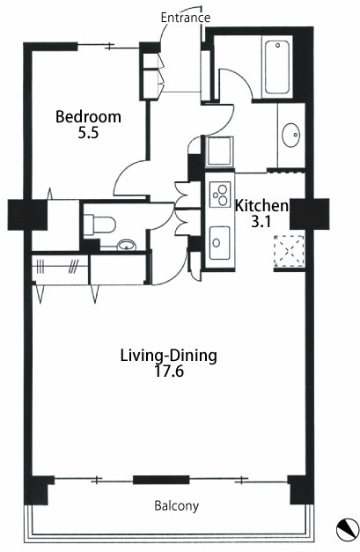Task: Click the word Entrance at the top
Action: pyautogui.click(x=186, y=18)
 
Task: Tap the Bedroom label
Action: pyautogui.click(x=88, y=117)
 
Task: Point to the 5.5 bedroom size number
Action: pyautogui.click(x=88, y=133)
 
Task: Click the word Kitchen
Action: pyautogui.click(x=261, y=206)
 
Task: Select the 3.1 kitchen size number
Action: pyautogui.click(x=261, y=222)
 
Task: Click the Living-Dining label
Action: pyautogui.click(x=169, y=356)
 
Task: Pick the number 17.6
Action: pyautogui.click(x=169, y=372)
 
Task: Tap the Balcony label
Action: pyautogui.click(x=177, y=506)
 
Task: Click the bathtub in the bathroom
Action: pyautogui.click(x=277, y=67)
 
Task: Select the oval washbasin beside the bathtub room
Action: pyautogui.click(x=291, y=136)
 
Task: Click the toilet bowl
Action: pyautogui.click(x=99, y=224)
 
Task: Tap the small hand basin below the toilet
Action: pyautogui.click(x=127, y=245)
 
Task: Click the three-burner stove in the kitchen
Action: pyautogui.click(x=220, y=195)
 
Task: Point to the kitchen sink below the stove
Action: pyautogui.click(x=220, y=243)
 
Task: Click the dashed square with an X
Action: pyautogui.click(x=289, y=251)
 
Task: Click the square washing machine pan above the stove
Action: pyautogui.click(x=220, y=151)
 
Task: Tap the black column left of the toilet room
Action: pyautogui.click(x=27, y=215)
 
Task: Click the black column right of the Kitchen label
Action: pyautogui.click(x=309, y=214)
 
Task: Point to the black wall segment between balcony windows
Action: pyautogui.click(x=161, y=480)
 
